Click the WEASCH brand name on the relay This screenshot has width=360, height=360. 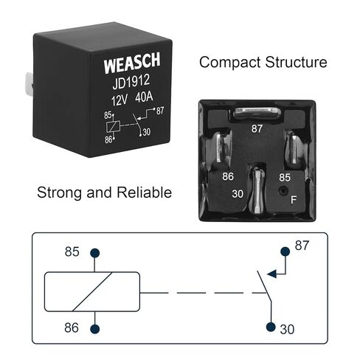132,63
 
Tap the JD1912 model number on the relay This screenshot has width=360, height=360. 131,82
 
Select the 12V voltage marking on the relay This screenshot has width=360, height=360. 120,100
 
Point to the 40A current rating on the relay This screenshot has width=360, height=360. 144,97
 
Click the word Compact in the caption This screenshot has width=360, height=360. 229,63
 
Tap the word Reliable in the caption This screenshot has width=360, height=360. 144,192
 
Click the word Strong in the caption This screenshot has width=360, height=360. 59,193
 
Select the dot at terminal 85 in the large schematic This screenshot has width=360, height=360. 95,253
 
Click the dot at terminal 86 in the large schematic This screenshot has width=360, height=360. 95,329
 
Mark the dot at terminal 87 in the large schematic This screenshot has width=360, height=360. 285,252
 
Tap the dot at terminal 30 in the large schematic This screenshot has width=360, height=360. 271,327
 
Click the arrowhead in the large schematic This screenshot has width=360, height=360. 271,274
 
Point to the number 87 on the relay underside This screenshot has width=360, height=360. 257,128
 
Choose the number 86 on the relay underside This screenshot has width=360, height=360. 228,176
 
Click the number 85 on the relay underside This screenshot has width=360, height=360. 285,177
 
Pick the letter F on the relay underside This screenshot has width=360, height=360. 294,200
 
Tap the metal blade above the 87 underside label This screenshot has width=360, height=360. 257,113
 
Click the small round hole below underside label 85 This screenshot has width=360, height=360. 283,190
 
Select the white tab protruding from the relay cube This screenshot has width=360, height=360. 29,83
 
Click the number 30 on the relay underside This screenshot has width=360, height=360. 238,194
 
